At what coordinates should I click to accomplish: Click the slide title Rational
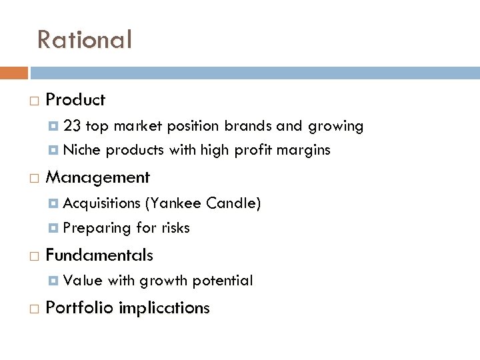(85, 40)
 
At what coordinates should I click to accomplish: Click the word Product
(75, 100)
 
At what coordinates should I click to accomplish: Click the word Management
(97, 178)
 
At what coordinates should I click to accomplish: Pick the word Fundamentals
(99, 255)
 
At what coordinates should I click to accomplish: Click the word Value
(83, 281)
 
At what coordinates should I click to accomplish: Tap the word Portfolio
(79, 308)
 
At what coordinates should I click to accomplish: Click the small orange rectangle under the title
(13, 73)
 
